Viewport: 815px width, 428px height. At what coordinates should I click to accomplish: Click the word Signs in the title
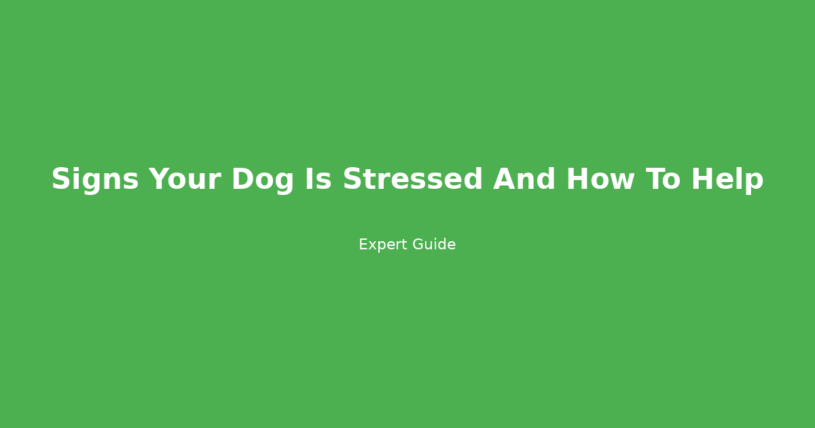[x=94, y=180]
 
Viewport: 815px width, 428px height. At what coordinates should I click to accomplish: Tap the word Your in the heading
[x=185, y=180]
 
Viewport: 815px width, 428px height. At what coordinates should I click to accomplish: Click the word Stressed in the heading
[x=412, y=180]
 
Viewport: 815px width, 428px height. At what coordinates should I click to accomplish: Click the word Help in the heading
[x=727, y=180]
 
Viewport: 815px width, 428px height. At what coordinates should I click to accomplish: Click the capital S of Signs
[x=61, y=180]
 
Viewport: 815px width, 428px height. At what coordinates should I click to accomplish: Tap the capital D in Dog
[x=242, y=180]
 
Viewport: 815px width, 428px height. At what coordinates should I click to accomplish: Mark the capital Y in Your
[x=159, y=180]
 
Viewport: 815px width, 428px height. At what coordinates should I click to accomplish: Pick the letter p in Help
[x=755, y=183]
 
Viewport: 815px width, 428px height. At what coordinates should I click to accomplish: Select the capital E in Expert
[x=363, y=245]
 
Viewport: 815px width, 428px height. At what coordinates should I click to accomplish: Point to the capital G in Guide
[x=417, y=245]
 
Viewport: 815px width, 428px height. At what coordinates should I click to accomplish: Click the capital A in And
[x=504, y=180]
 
